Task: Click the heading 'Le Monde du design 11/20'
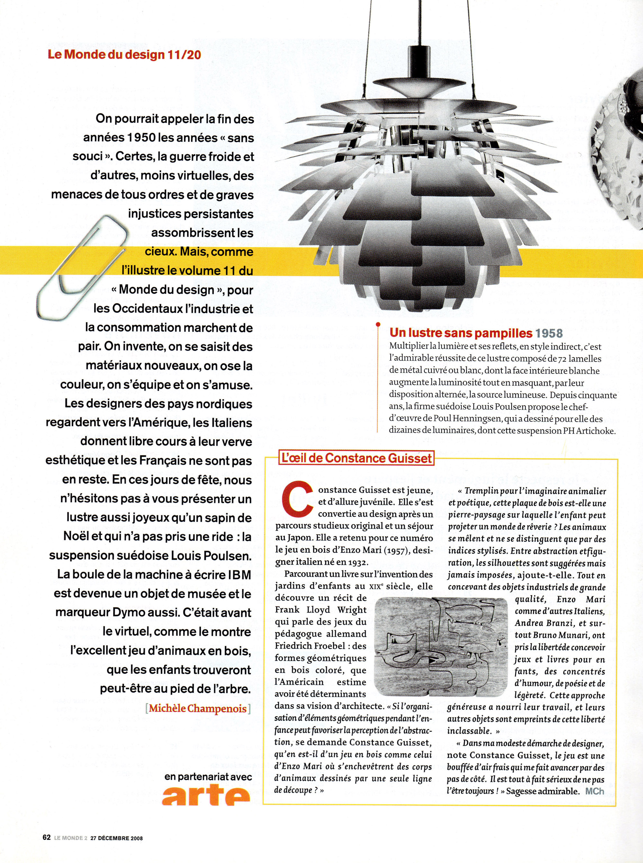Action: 124,54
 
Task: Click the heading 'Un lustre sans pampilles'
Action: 461,333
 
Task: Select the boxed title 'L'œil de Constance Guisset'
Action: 356,458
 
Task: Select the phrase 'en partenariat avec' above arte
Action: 208,777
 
